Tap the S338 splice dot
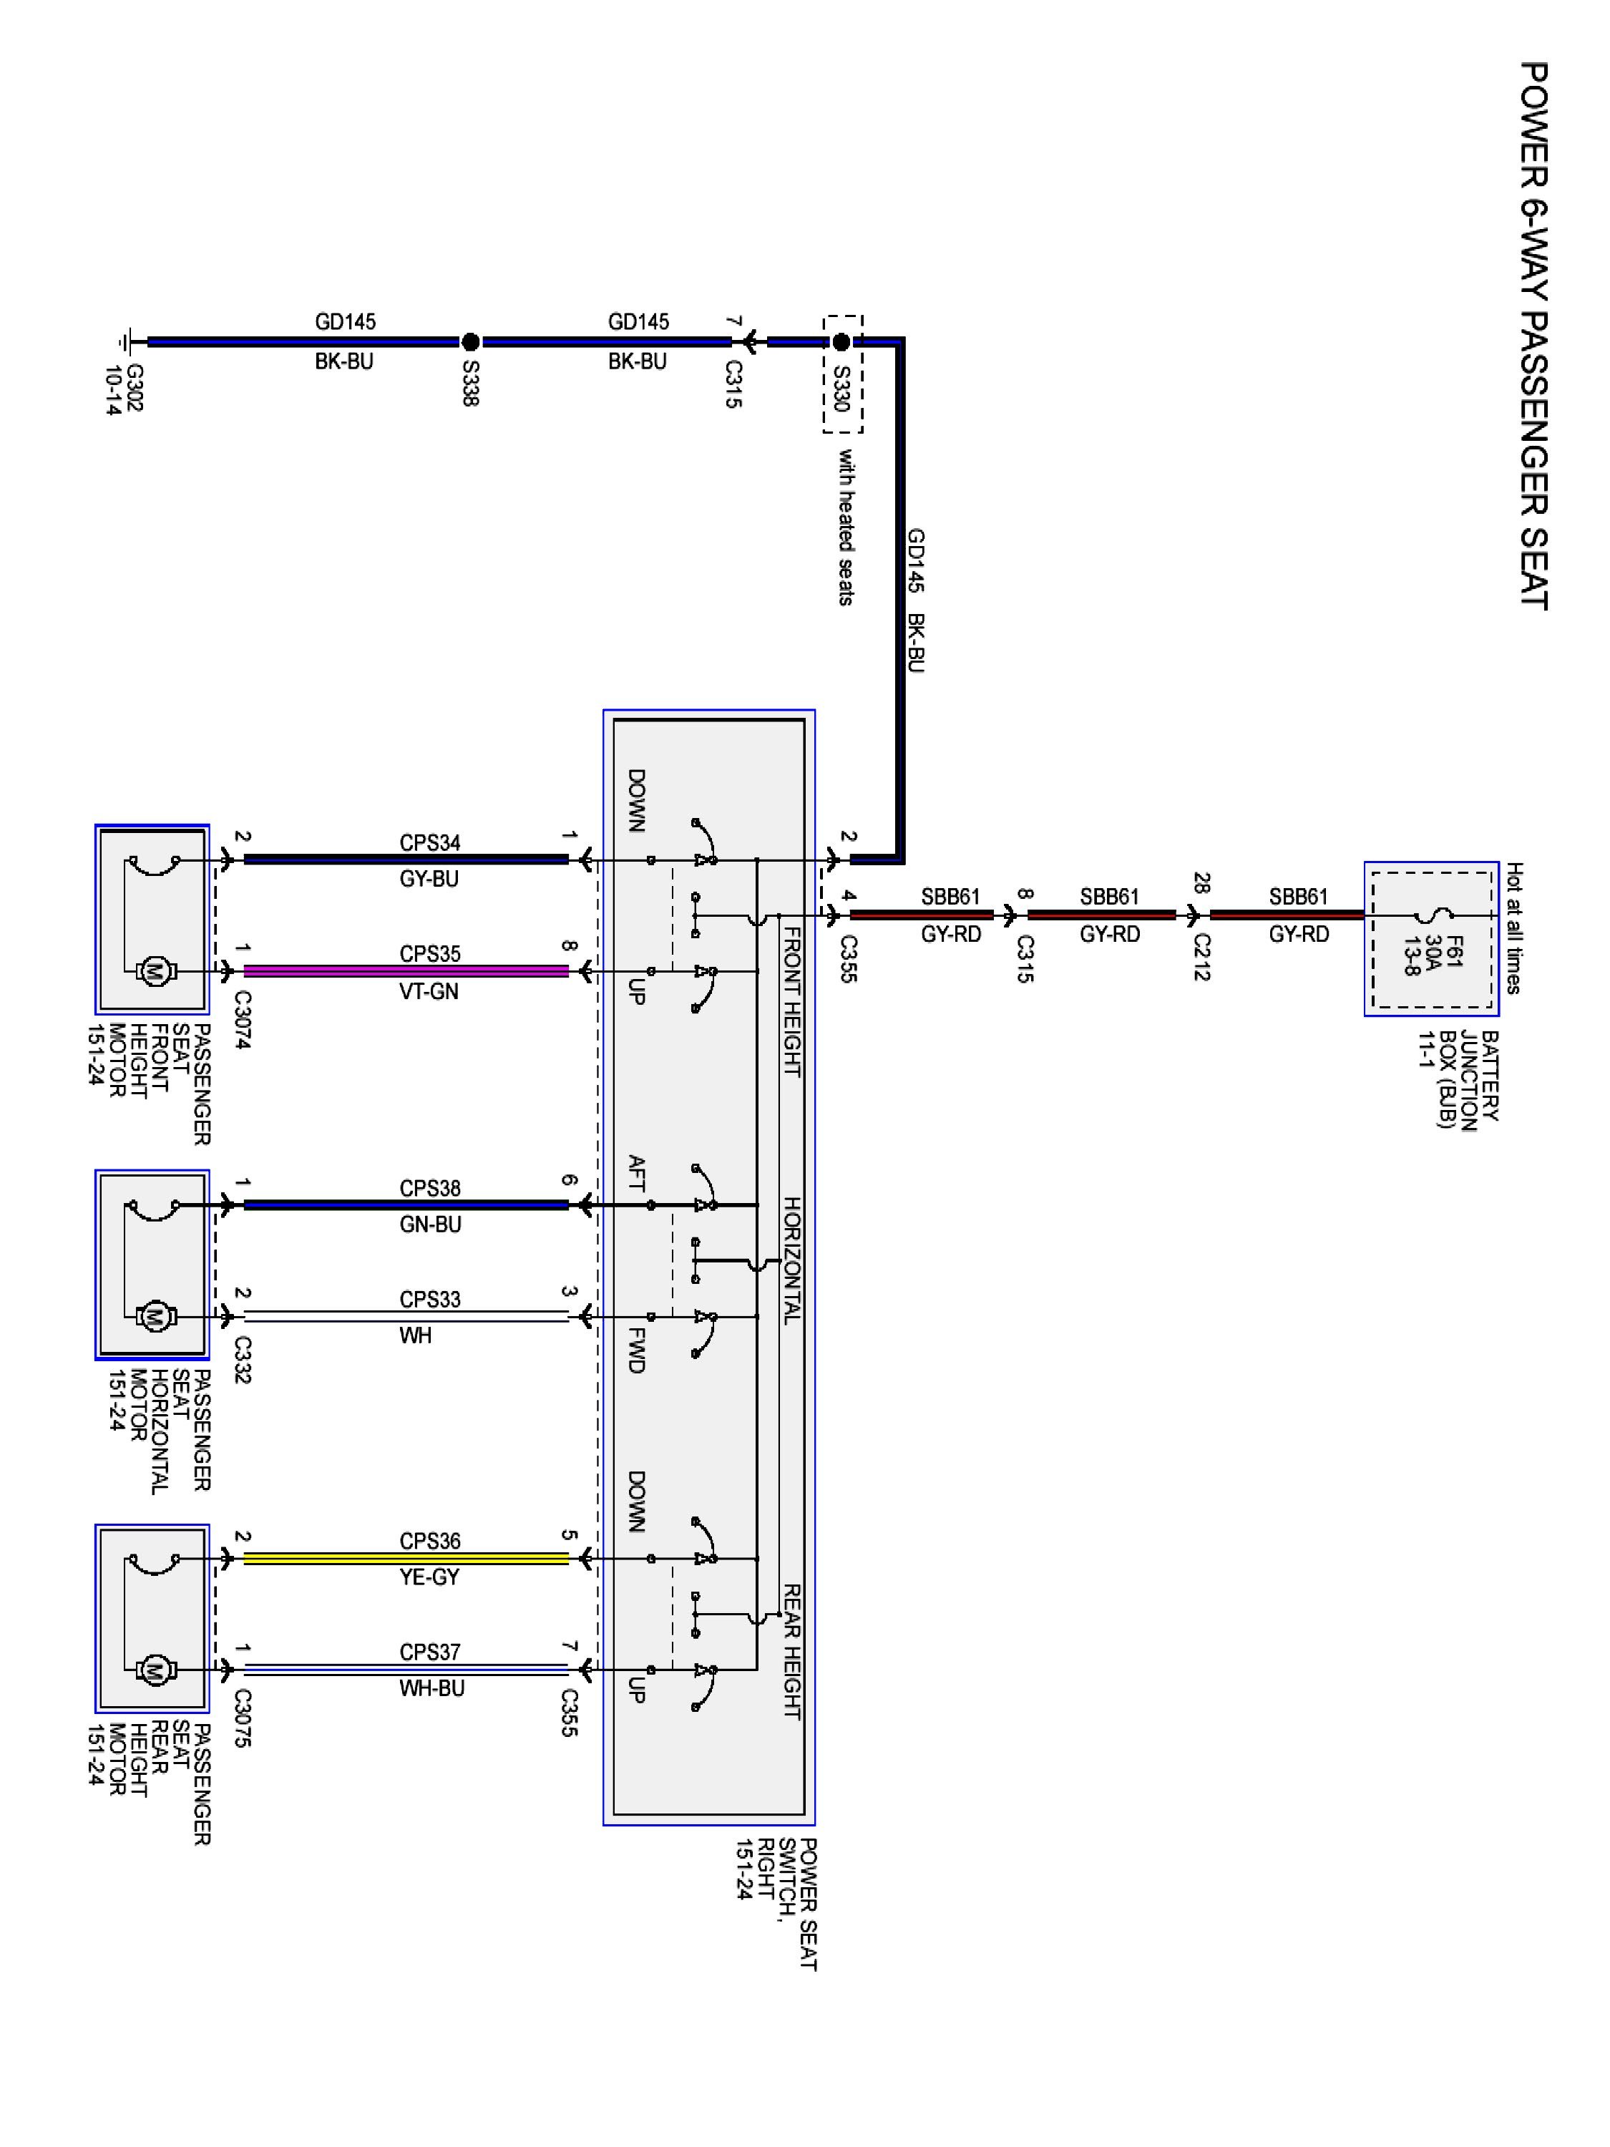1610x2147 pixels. point(469,341)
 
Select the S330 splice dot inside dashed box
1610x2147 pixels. point(841,341)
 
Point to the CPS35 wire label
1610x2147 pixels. point(430,954)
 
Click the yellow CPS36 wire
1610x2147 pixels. point(406,1559)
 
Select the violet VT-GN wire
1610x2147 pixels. point(406,970)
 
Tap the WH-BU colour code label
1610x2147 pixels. point(431,1689)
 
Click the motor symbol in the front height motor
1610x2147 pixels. point(153,970)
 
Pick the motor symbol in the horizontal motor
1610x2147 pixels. point(153,1317)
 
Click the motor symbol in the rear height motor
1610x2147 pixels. point(153,1670)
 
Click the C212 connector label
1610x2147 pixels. point(1201,958)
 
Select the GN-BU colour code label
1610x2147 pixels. point(430,1225)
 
